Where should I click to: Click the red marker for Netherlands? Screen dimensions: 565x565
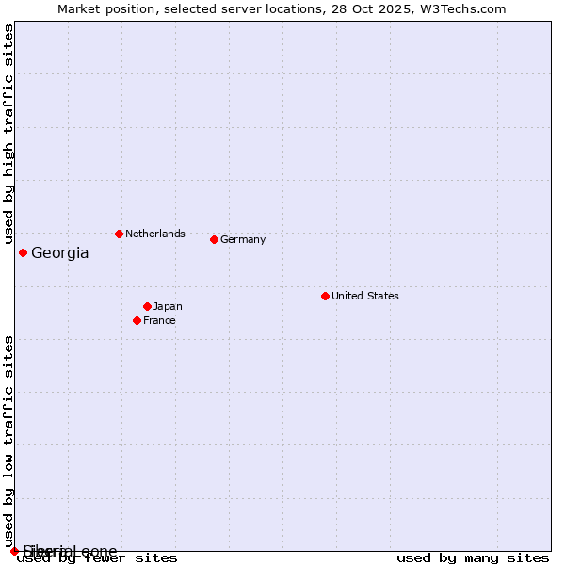[119, 234]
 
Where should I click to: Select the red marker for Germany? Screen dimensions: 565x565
[214, 239]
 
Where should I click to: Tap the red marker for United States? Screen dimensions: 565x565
[325, 296]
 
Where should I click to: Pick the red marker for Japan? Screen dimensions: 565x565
[147, 306]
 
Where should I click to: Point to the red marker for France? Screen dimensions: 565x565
[137, 320]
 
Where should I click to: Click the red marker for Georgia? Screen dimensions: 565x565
[23, 252]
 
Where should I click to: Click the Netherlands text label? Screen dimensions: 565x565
[155, 234]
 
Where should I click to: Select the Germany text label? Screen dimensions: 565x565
[243, 239]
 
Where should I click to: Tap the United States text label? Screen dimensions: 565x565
[365, 296]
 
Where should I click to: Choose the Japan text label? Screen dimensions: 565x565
[168, 306]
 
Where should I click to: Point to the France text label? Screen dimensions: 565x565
[159, 320]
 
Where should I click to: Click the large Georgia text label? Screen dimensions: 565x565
[60, 252]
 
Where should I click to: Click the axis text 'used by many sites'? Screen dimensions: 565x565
[473, 558]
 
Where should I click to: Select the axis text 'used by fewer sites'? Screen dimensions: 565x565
[98, 558]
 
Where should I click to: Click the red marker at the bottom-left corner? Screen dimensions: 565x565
[14, 551]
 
